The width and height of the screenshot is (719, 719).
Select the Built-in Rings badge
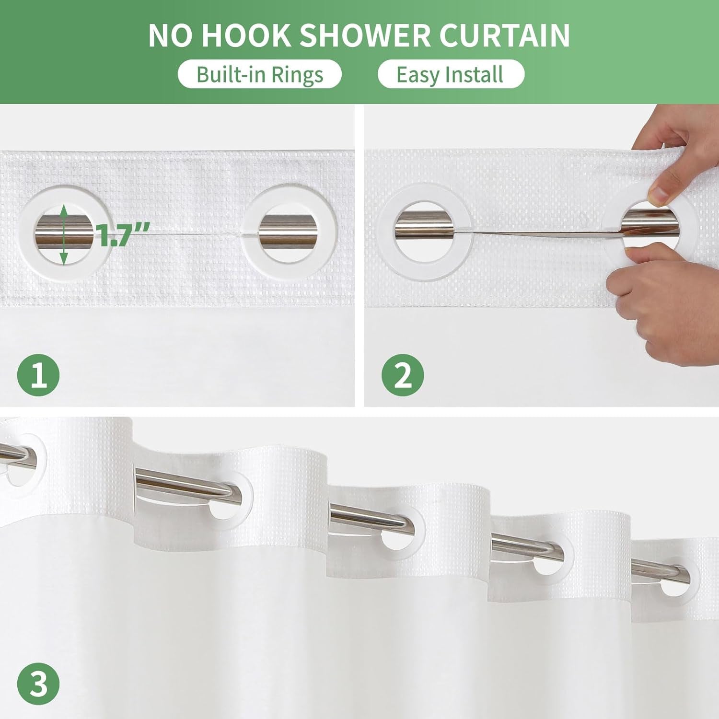point(259,74)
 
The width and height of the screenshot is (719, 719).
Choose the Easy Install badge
point(451,74)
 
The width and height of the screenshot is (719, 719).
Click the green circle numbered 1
point(38,374)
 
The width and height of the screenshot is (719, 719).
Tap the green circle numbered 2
point(403,374)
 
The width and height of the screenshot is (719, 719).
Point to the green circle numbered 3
point(38,684)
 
